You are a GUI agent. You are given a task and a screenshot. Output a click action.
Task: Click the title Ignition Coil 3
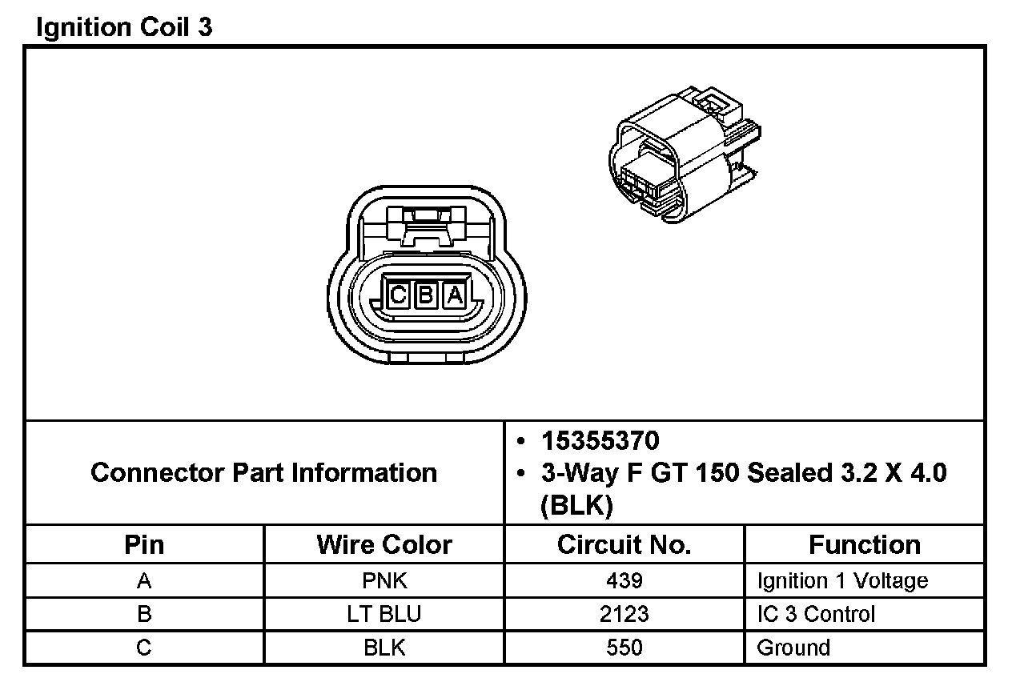[124, 27]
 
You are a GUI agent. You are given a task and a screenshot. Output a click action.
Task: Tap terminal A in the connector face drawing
[455, 295]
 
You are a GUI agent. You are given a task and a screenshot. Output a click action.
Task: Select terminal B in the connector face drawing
[426, 295]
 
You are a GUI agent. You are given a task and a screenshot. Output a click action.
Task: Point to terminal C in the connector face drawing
[398, 295]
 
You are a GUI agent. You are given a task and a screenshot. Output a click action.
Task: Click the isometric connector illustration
[684, 154]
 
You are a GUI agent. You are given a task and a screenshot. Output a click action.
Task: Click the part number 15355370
[600, 441]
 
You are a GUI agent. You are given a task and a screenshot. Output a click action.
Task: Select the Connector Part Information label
[264, 473]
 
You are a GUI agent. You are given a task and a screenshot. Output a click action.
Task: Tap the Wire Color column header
[384, 544]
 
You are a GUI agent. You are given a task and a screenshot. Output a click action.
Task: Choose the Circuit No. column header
[624, 544]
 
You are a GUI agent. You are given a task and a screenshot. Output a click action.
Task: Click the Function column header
[865, 544]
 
